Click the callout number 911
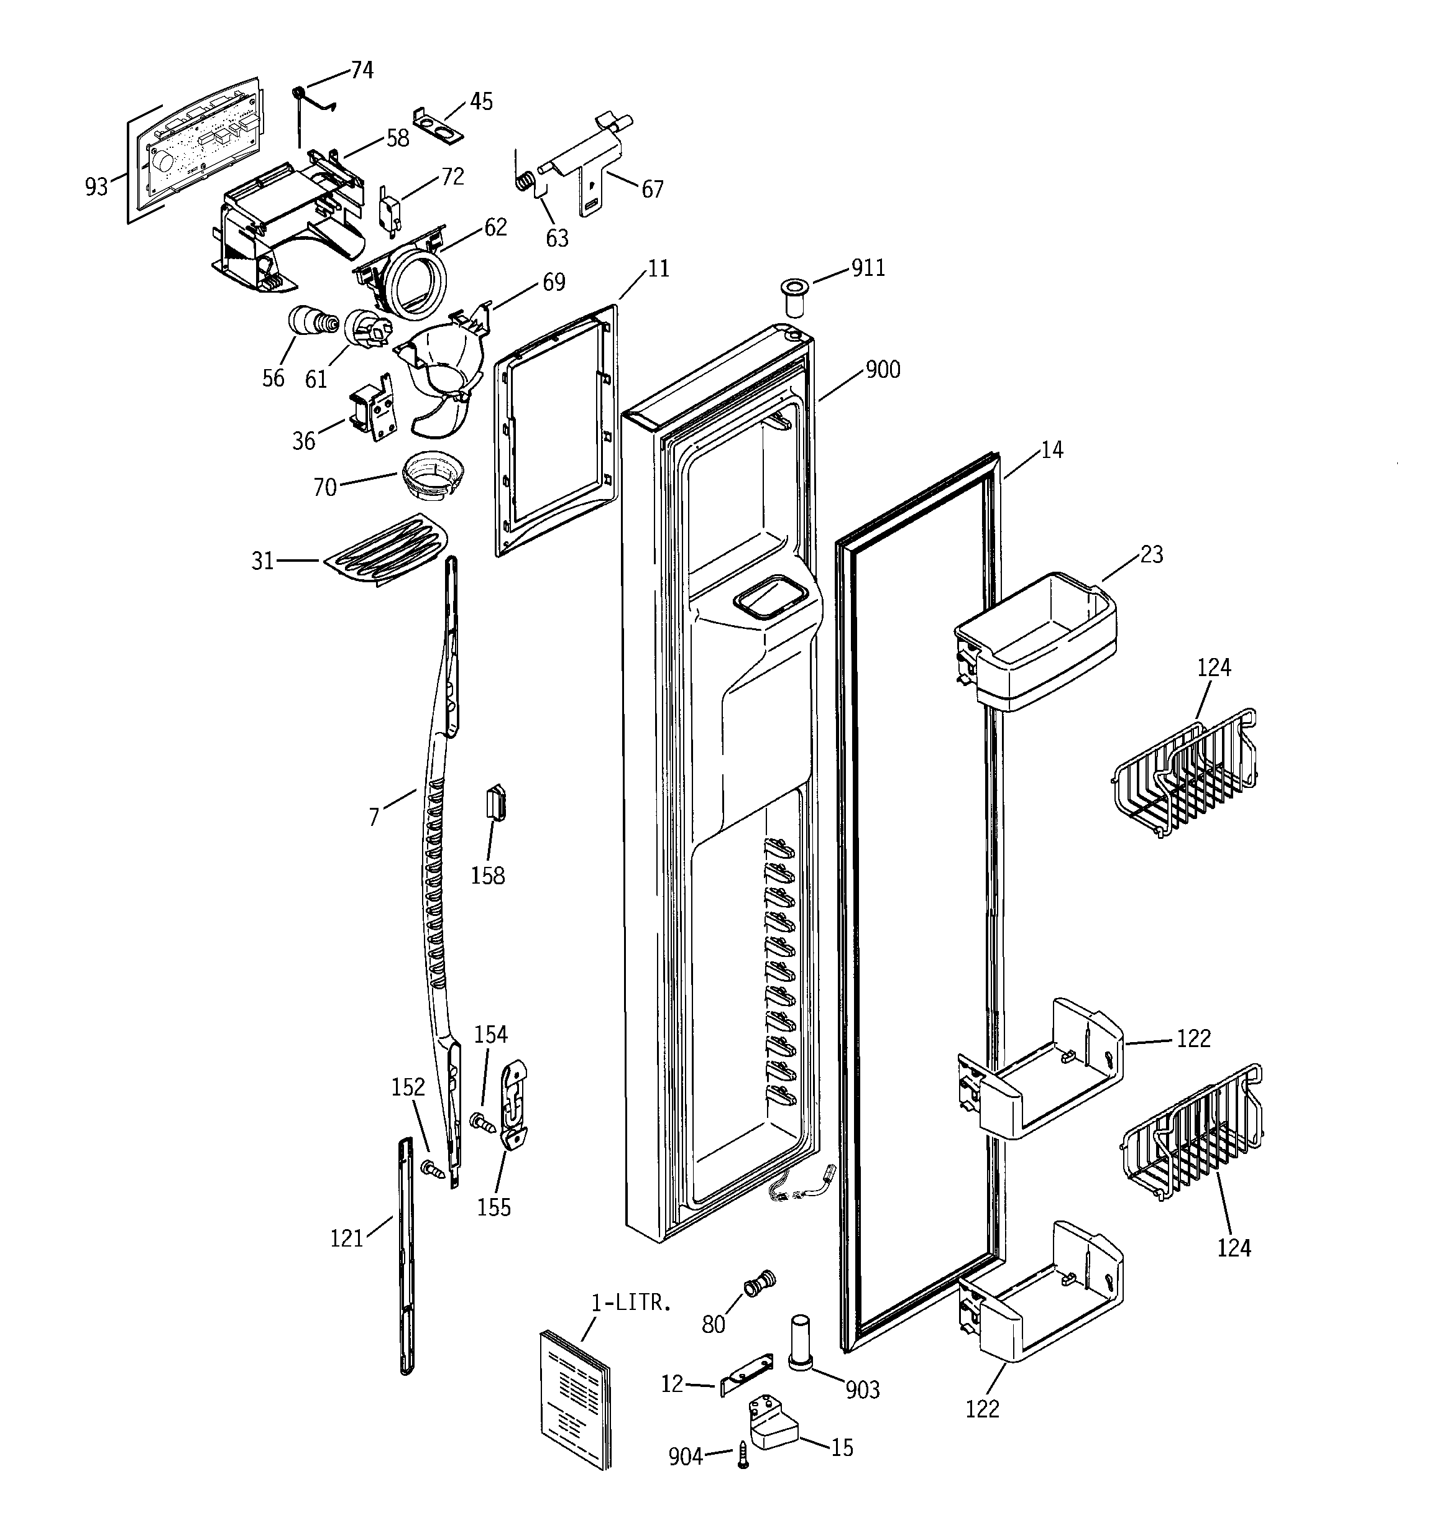coord(868,268)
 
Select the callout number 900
coord(883,370)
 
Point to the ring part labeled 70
coord(432,477)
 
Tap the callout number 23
coord(1152,555)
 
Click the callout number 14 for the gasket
coord(1052,449)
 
